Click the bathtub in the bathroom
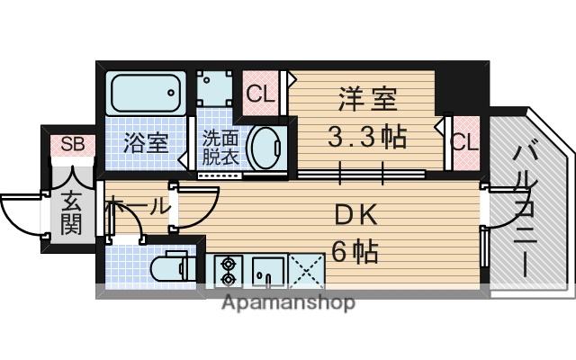pyautogui.click(x=146, y=93)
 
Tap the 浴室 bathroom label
pyautogui.click(x=146, y=142)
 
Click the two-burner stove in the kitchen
pyautogui.click(x=226, y=267)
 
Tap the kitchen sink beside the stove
pyautogui.click(x=267, y=267)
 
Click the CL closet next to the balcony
pyautogui.click(x=464, y=142)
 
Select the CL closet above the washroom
pyautogui.click(x=259, y=92)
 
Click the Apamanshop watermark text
pyautogui.click(x=289, y=302)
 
